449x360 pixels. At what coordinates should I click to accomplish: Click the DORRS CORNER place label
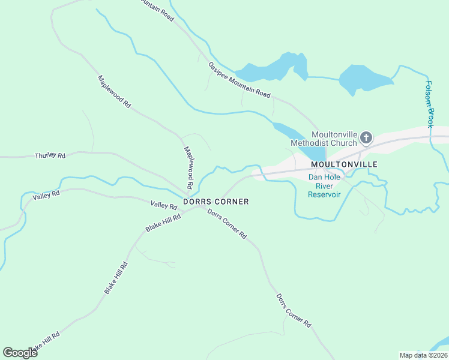click(x=215, y=202)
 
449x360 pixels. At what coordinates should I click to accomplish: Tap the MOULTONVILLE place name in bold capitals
click(x=344, y=164)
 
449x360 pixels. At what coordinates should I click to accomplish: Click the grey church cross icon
click(x=366, y=139)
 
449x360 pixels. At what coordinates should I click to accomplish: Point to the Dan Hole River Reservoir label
click(x=324, y=185)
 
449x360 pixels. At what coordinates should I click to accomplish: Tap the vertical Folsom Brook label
click(x=429, y=104)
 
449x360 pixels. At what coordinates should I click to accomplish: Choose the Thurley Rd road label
click(x=50, y=155)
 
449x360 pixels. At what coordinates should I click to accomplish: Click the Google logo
click(x=20, y=353)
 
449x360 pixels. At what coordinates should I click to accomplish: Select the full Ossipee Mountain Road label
click(x=239, y=80)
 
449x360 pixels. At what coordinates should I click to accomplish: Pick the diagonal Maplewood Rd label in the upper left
click(x=114, y=91)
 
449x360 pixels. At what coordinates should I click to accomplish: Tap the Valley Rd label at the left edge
click(x=46, y=196)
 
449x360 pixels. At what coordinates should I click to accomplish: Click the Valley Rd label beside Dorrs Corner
click(x=164, y=205)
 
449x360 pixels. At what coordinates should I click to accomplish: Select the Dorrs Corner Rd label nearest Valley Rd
click(x=227, y=224)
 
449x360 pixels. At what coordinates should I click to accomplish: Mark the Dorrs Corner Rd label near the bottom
click(x=294, y=310)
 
